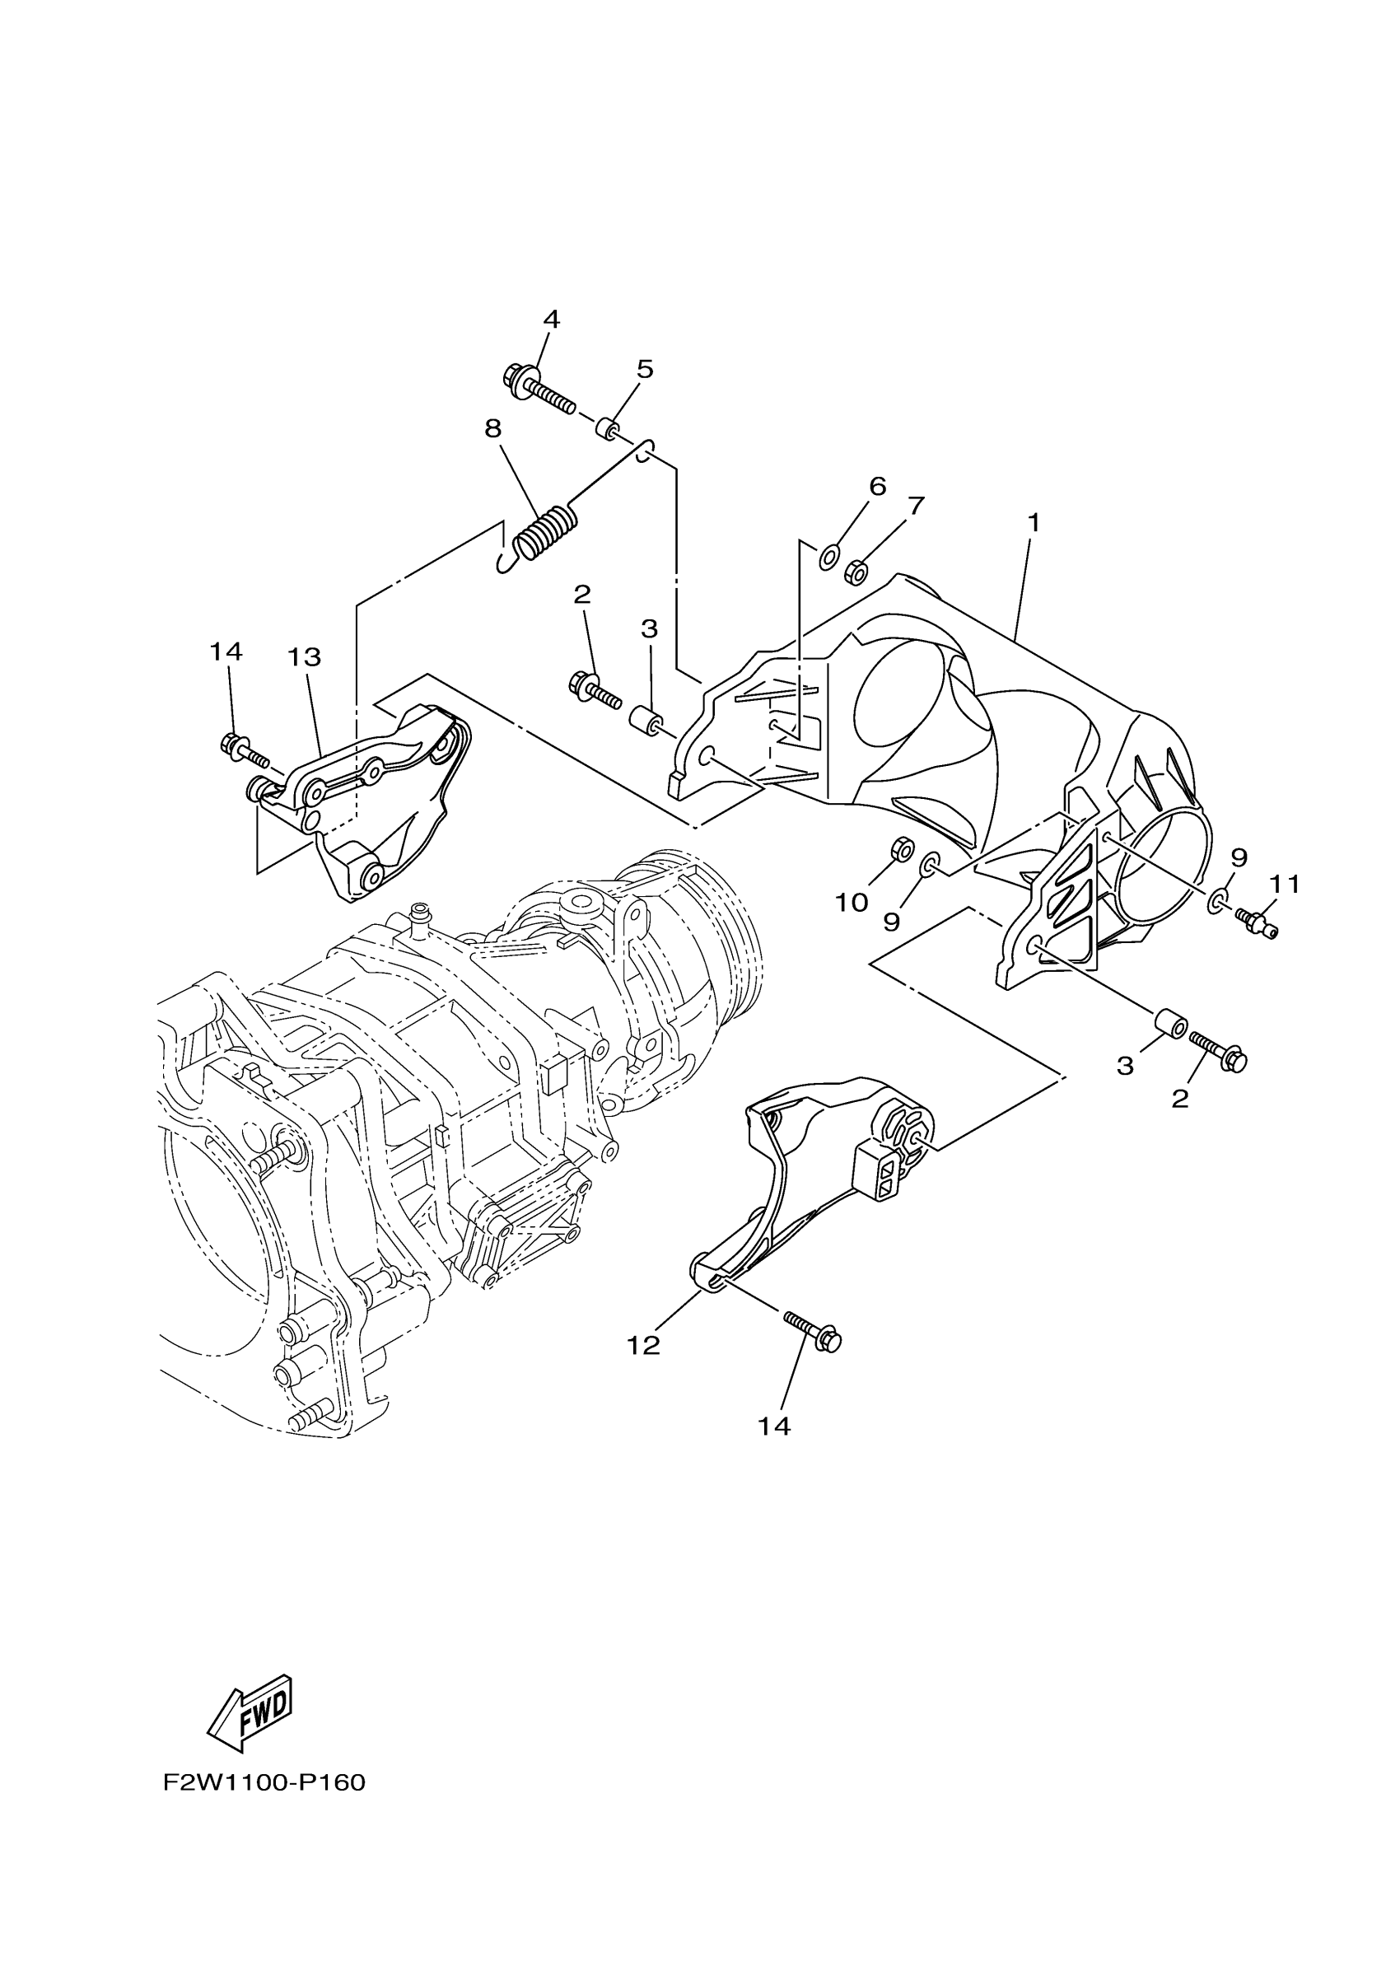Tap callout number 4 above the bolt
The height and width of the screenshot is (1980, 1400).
pos(552,320)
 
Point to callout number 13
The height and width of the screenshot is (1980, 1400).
pos(305,657)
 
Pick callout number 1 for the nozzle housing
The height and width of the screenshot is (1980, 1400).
pos(1033,523)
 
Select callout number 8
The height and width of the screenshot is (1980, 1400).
pos(493,428)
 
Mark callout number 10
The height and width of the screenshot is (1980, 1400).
pos(851,903)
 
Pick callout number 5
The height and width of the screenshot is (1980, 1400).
pos(645,369)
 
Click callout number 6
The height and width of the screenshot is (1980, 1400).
pos(878,487)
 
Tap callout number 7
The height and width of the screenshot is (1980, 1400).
pos(916,507)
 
